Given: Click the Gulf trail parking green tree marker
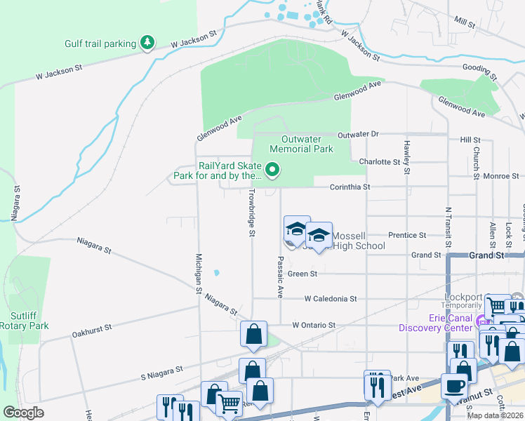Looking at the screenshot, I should click(x=147, y=44).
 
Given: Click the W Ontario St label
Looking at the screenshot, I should click(x=314, y=325).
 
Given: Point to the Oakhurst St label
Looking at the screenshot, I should click(x=94, y=332).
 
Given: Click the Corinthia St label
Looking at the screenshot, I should click(x=350, y=187).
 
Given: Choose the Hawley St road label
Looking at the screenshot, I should click(x=406, y=157).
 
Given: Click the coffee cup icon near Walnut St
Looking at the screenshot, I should click(x=455, y=387).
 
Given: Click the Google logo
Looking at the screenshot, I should click(x=24, y=413).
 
